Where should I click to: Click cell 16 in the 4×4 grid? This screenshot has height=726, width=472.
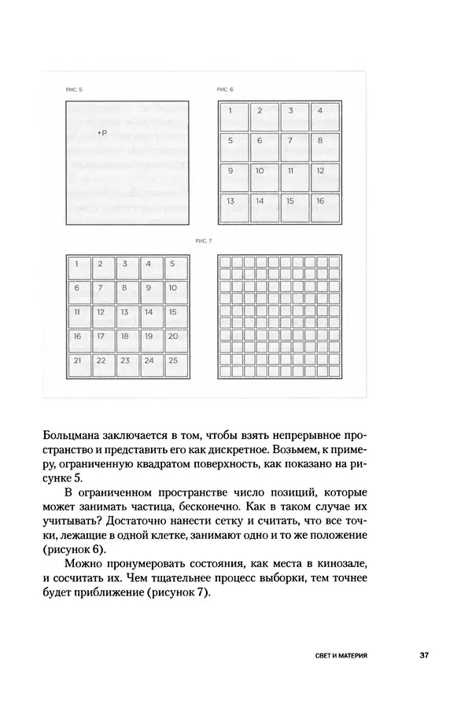point(325,206)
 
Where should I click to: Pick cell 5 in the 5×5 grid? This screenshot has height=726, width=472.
point(177,267)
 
